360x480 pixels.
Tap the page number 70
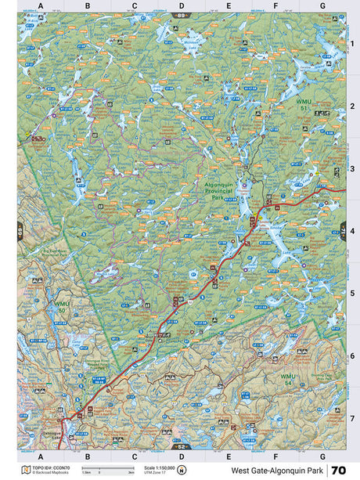click(x=338, y=470)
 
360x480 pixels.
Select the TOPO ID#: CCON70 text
click(x=50, y=467)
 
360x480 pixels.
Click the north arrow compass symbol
click(x=182, y=470)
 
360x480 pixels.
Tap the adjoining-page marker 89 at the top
click(x=182, y=15)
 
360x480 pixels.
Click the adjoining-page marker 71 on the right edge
click(x=343, y=231)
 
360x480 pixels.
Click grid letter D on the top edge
click(x=182, y=5)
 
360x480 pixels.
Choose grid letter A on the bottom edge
click(x=40, y=456)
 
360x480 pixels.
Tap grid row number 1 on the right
click(x=352, y=44)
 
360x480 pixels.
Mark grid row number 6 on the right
click(x=352, y=355)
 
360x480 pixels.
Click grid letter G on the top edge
click(x=322, y=5)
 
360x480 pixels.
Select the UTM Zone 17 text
click(x=154, y=473)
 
